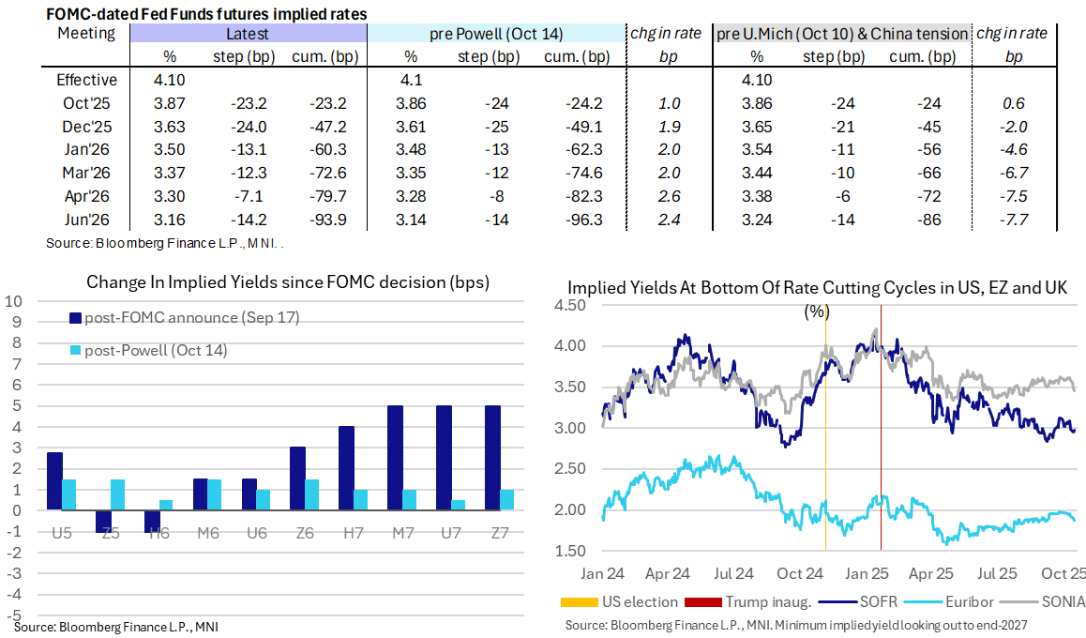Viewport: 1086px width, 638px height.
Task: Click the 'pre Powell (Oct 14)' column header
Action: click(496, 34)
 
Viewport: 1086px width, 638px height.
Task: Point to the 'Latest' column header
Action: click(248, 34)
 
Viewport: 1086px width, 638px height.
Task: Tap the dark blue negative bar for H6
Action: click(152, 521)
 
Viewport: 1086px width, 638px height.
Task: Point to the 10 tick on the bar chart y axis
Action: click(13, 301)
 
